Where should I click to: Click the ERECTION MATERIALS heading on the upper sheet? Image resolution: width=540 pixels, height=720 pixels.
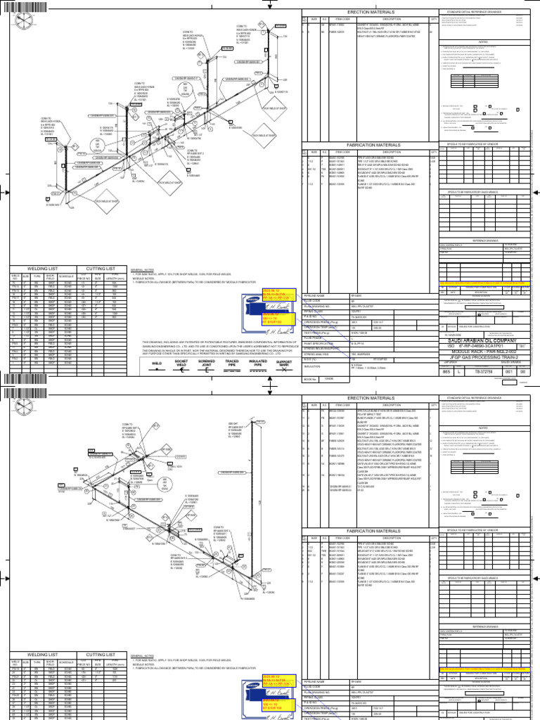pos(369,13)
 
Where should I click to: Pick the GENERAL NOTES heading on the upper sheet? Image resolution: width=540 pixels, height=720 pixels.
pos(143,269)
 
